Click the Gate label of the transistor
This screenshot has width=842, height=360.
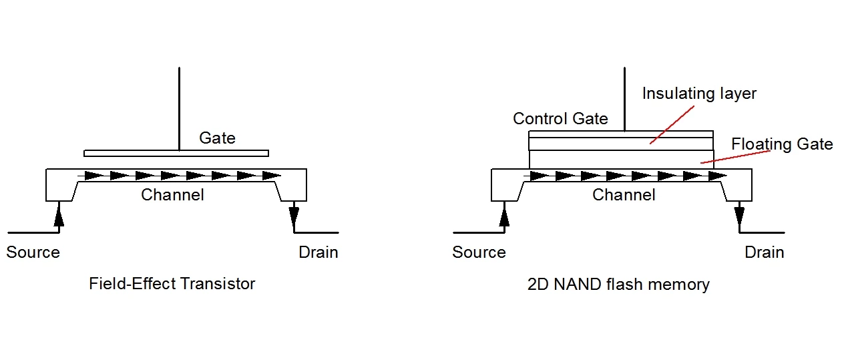[217, 138]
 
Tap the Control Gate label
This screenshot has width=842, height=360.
[560, 119]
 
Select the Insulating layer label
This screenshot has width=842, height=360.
[699, 94]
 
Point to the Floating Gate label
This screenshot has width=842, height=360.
[782, 144]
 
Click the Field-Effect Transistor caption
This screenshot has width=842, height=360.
[172, 284]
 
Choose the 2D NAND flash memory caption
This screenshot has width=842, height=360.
[618, 285]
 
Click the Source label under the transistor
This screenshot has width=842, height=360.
[33, 252]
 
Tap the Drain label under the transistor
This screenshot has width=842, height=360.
[318, 252]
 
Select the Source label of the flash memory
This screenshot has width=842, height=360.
[479, 252]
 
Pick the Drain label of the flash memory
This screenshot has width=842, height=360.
[764, 252]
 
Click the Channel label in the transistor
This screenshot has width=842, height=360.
[172, 195]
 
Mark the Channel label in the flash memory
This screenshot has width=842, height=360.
[624, 195]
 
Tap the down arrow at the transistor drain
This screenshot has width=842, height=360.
[294, 216]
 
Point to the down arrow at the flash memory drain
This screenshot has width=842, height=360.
[739, 216]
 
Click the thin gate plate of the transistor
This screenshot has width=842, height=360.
[176, 153]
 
